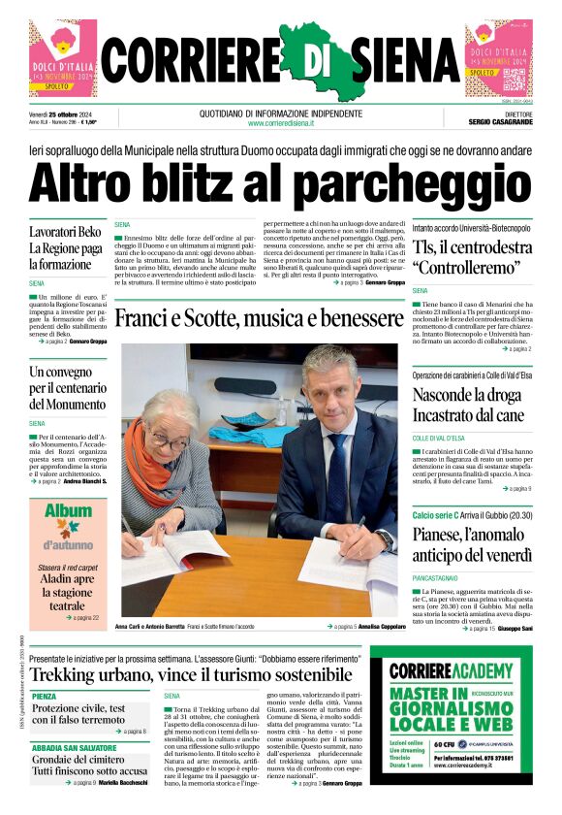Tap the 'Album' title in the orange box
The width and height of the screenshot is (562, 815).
[x=68, y=510]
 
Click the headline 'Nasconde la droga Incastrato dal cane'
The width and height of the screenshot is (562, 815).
[x=468, y=406]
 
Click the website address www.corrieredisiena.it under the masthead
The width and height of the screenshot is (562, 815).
[x=281, y=123]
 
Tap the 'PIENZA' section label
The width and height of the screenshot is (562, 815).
[x=45, y=696]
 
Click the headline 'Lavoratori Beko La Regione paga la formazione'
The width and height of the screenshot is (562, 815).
[x=65, y=248]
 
